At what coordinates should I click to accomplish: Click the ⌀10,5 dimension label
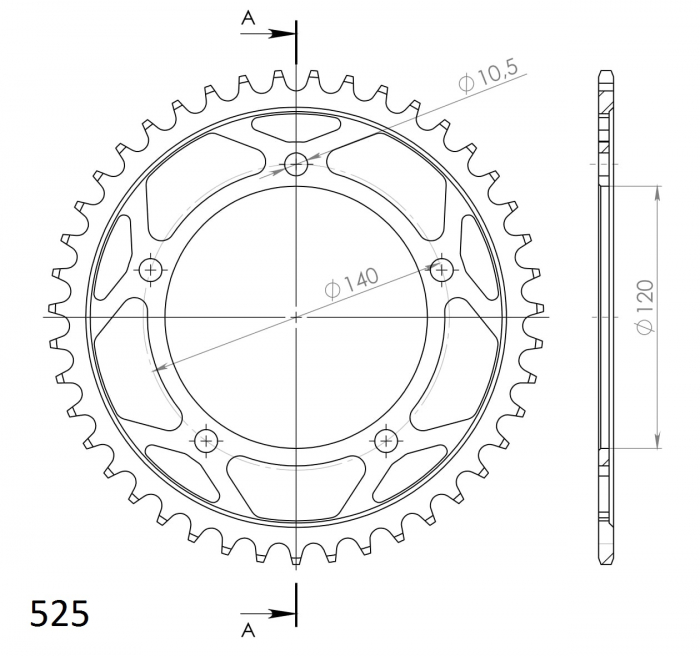488,76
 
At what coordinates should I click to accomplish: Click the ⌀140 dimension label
351,282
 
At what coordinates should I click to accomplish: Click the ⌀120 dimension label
646,307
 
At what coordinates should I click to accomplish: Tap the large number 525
59,614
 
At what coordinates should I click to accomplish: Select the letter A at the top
248,18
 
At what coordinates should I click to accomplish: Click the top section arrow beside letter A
268,33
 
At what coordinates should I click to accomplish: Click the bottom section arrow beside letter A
268,614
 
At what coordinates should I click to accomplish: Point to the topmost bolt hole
296,163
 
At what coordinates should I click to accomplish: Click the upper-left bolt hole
151,270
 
